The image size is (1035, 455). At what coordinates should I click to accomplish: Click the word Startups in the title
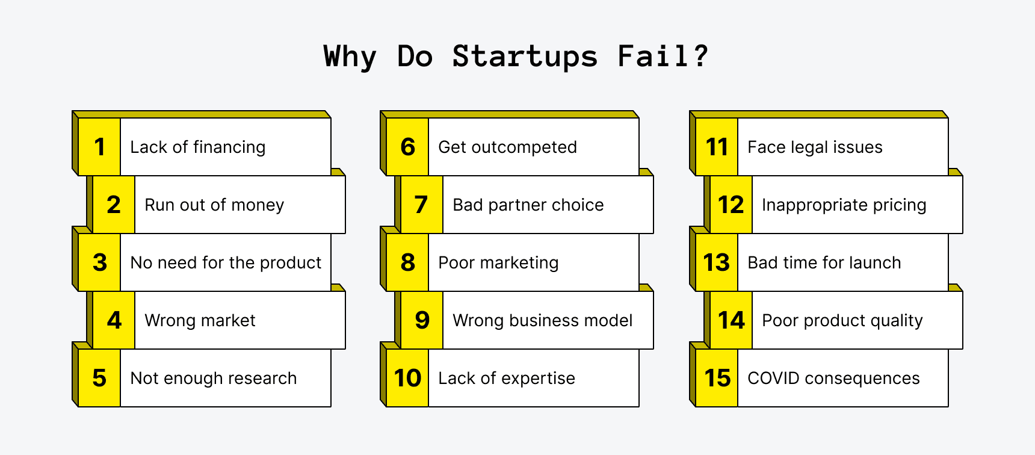tap(525, 57)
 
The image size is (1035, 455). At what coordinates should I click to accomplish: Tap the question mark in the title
tap(700, 56)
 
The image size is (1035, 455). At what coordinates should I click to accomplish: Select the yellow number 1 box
tap(99, 147)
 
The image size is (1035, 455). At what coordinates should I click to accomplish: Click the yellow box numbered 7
tap(421, 205)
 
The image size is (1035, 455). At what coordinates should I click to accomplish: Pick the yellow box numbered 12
tap(731, 205)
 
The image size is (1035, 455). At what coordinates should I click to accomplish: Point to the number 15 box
tap(717, 378)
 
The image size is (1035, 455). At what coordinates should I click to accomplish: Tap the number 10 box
tap(407, 378)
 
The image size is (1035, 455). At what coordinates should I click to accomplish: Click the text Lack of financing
tap(197, 147)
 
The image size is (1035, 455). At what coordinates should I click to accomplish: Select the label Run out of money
tap(214, 205)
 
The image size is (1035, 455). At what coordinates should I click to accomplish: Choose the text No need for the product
tap(226, 262)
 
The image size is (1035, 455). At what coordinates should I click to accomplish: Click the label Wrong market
tap(200, 320)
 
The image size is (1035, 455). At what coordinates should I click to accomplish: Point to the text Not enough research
tap(214, 378)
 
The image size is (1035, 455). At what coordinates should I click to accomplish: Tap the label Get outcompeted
tap(507, 147)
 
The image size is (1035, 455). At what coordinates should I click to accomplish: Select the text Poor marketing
tap(498, 262)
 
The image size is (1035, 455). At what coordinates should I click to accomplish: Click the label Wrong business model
tap(542, 320)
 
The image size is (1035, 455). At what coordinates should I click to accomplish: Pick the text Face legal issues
tap(815, 147)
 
